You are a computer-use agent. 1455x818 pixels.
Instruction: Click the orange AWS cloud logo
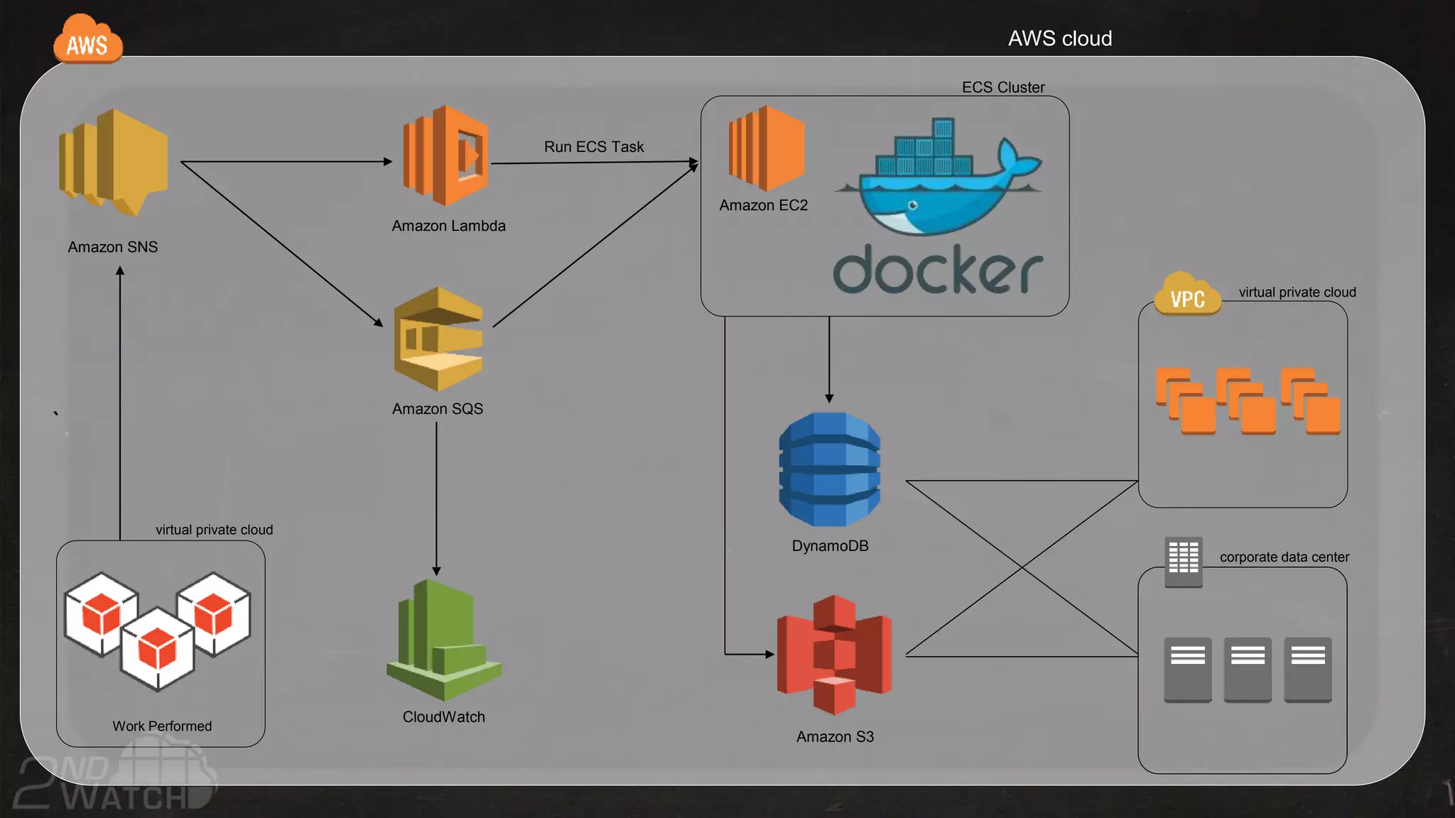pos(87,41)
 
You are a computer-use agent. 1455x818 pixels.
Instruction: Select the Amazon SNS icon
pos(114,162)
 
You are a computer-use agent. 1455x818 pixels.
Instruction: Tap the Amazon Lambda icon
pos(446,156)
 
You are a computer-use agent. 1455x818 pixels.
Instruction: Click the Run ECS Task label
pos(594,147)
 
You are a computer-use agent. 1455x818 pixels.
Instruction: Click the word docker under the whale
pos(938,270)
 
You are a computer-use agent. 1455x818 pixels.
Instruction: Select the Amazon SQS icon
pos(438,339)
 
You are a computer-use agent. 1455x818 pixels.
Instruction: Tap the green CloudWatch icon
pos(444,639)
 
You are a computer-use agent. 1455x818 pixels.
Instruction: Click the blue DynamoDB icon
pos(830,469)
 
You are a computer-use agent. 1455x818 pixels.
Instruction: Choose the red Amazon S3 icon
pos(834,655)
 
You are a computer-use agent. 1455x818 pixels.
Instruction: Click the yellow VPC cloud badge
pos(1187,295)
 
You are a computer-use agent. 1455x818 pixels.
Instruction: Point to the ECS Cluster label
pos(1003,87)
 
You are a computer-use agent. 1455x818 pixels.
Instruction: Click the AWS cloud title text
pos(1060,38)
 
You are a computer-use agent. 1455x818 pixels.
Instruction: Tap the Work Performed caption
pos(162,726)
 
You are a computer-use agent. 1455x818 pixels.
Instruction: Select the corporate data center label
pos(1284,557)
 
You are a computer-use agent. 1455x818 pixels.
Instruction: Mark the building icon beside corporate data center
pos(1184,562)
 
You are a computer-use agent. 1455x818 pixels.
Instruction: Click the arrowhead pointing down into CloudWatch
pos(436,571)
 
